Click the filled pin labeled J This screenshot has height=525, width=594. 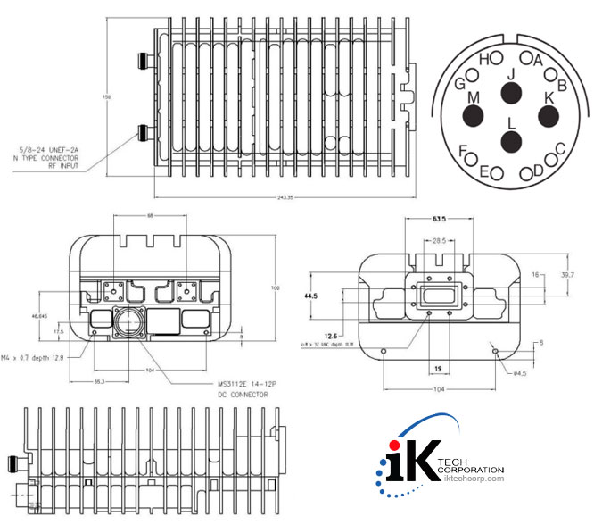coord(511,93)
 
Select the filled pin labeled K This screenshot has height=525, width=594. coord(549,115)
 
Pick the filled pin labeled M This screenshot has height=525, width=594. coord(472,115)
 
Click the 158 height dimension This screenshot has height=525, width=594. coord(105,96)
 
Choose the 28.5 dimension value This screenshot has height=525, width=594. coord(438,241)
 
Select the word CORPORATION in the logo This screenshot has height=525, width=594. coord(473,470)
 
